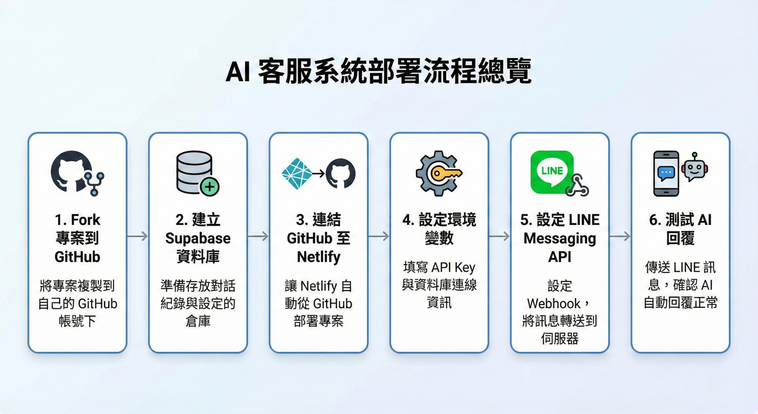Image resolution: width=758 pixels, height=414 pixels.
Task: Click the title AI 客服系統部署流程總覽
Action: [x=379, y=72]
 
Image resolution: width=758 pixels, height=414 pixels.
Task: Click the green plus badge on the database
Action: [x=209, y=187]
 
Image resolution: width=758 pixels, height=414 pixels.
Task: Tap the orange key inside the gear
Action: [x=444, y=174]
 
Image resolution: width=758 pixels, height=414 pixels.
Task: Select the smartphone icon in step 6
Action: [x=666, y=174]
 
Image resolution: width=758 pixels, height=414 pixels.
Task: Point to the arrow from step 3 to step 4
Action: [x=379, y=236]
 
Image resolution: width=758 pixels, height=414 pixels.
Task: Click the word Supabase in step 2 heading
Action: [x=198, y=238]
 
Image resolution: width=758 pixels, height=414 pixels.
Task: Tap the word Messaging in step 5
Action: [x=560, y=238]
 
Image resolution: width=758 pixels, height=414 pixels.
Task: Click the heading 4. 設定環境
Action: [x=439, y=220]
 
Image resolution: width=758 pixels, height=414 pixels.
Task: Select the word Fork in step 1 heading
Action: [x=86, y=220]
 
